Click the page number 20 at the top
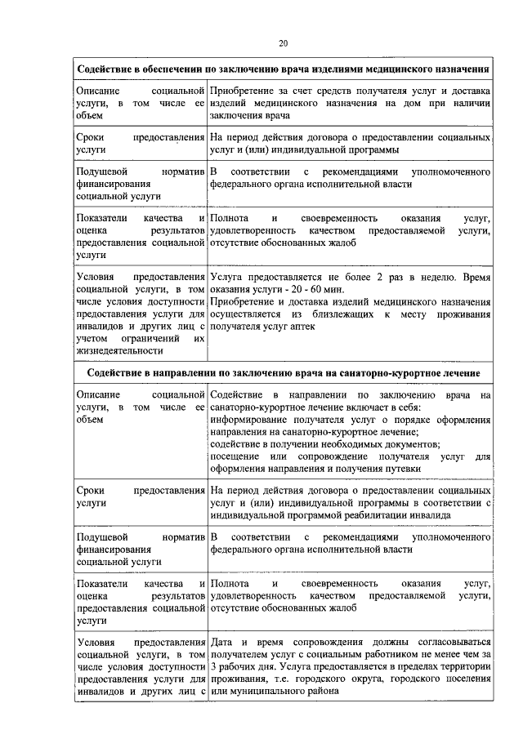(x=283, y=43)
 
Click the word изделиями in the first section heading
(x=332, y=68)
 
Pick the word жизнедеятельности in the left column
(x=114, y=351)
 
